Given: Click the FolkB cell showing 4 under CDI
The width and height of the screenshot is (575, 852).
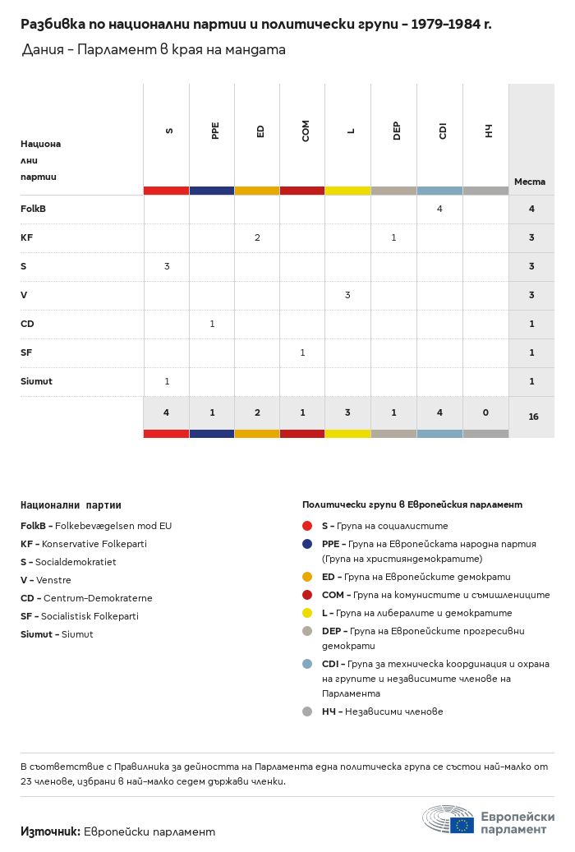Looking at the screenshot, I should (439, 209).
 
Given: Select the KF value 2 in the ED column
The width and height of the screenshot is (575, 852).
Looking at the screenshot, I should (257, 237).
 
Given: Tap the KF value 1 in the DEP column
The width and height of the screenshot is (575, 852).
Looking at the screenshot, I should (393, 237).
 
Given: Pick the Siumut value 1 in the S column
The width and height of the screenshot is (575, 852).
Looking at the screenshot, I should (167, 381).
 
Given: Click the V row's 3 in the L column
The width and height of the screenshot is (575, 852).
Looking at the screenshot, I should (347, 295).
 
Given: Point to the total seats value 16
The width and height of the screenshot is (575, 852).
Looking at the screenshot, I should (533, 417).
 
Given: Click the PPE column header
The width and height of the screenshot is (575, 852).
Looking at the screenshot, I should (215, 131).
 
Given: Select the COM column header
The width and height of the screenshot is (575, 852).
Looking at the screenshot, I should (306, 131).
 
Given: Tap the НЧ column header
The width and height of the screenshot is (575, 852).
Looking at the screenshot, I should (488, 131).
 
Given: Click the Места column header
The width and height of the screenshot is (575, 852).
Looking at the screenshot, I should (530, 182).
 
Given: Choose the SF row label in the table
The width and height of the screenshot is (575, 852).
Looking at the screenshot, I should (27, 352).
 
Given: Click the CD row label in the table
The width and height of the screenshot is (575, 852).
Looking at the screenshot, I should (27, 324).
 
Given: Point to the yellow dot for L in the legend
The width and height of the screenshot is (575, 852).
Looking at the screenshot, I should (307, 613).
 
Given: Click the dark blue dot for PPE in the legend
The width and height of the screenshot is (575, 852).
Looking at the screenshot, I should (307, 544).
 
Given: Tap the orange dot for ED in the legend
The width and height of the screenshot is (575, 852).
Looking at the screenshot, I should (307, 577).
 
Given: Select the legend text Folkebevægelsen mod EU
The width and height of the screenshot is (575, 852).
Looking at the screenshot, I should (113, 526).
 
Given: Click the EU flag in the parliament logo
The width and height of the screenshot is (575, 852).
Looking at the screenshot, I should (462, 825).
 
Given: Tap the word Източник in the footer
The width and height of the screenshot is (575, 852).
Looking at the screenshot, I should (50, 831).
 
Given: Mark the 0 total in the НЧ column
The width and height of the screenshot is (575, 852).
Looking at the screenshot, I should (485, 412).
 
